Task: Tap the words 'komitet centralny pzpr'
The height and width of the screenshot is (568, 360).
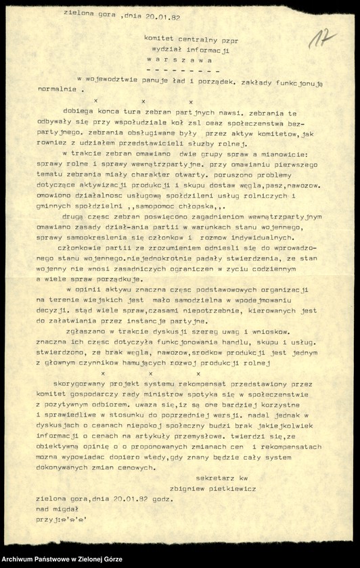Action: pyautogui.click(x=191, y=40)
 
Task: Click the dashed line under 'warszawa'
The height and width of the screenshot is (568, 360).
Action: pyautogui.click(x=183, y=69)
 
